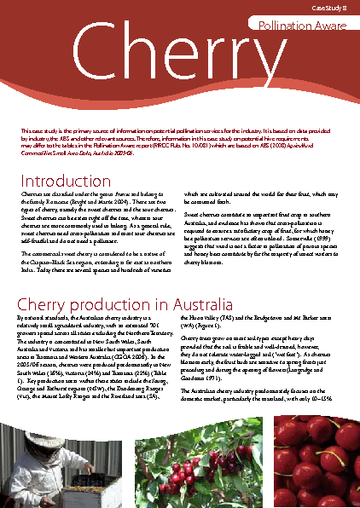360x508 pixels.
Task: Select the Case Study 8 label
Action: pos(330,6)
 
